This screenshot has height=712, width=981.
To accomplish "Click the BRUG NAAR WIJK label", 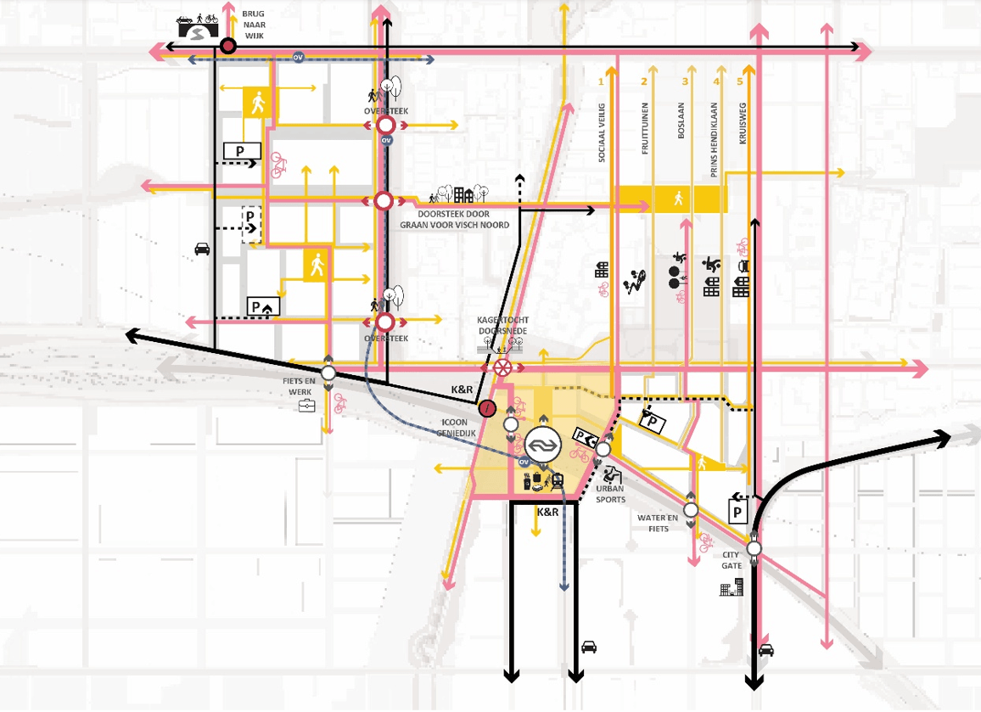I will tap(254, 25).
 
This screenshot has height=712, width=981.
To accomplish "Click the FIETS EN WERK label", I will tap(300, 387).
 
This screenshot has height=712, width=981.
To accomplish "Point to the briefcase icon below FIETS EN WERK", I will tap(306, 407).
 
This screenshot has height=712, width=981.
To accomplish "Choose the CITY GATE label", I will tap(732, 561).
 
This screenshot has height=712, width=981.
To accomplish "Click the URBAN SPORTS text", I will tap(610, 495).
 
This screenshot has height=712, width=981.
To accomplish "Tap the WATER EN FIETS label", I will tap(659, 522).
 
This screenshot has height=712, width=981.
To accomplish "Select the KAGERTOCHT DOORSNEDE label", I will tap(503, 325).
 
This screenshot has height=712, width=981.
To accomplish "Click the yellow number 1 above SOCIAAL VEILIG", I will tap(601, 82).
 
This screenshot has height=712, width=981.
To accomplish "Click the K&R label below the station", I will tap(547, 513).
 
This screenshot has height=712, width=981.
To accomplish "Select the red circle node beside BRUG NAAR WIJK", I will tap(227, 47).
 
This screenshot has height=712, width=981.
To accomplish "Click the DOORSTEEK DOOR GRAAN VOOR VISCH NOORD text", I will tap(455, 219).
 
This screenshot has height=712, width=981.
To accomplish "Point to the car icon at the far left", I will tap(203, 249).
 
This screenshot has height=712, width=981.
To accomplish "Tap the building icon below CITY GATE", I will tap(731, 586).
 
